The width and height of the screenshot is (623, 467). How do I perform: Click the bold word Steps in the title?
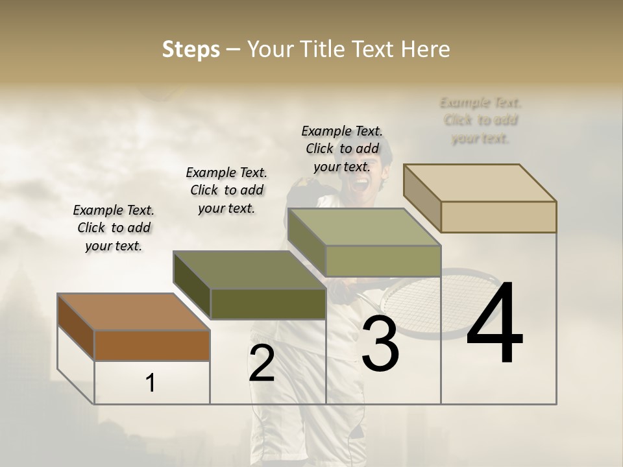tap(191, 49)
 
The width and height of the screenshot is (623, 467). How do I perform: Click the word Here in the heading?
tap(426, 49)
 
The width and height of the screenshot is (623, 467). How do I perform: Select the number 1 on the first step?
tap(151, 383)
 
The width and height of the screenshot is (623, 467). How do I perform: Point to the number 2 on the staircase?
tap(262, 364)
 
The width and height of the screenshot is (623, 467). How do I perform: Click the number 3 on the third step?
tap(380, 344)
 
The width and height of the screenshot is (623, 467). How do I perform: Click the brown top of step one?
tap(133, 312)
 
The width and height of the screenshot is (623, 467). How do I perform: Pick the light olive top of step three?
tap(363, 228)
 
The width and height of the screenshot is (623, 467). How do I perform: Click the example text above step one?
tap(114, 228)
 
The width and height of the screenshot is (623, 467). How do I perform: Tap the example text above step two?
tap(226, 190)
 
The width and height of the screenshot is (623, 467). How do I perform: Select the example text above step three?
tap(342, 149)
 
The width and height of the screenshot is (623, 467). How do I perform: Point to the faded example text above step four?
tap(480, 120)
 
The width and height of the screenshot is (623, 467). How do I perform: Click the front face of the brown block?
tap(152, 345)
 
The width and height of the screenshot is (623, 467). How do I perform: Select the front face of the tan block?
tap(498, 217)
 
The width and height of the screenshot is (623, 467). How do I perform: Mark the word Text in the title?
tap(373, 49)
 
